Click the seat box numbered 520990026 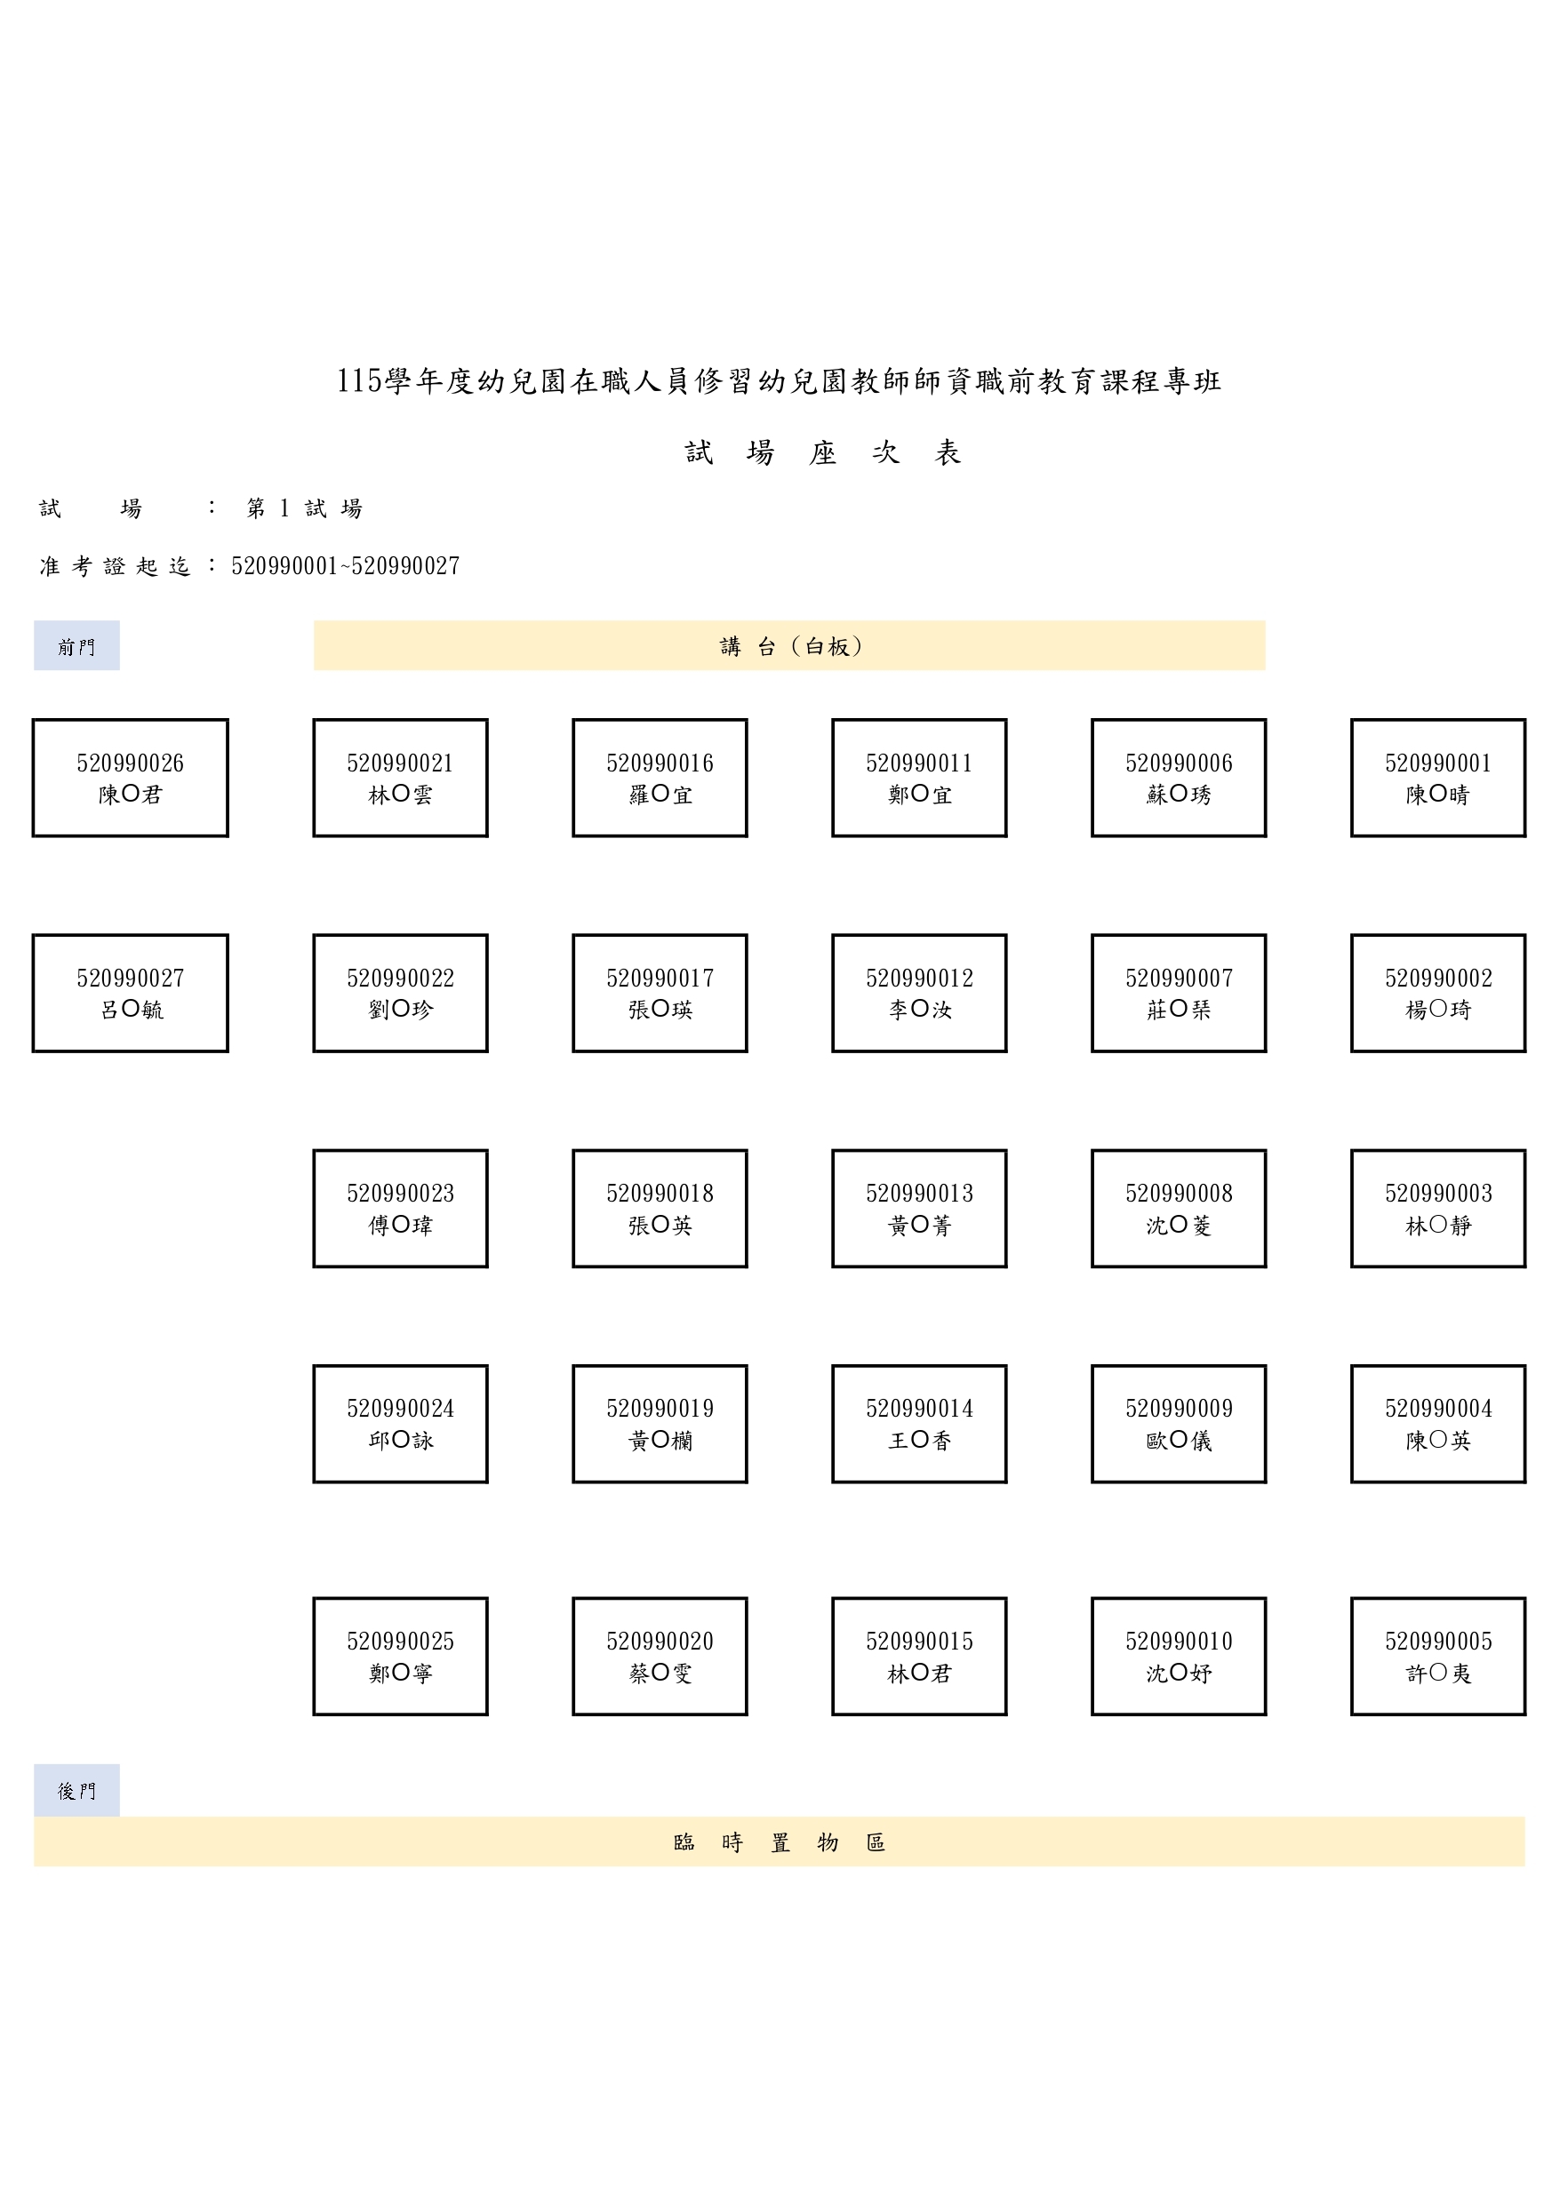pos(131,778)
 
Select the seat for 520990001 pos(1438,778)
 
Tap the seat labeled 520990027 pos(131,993)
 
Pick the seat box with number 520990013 pos(919,1208)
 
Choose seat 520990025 pos(401,1657)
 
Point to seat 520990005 pos(1438,1657)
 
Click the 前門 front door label pos(76,645)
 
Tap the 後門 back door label pos(76,1790)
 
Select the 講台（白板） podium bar pos(789,645)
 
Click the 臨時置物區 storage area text pos(779,1842)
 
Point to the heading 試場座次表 pos(823,452)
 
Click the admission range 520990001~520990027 pos(346,565)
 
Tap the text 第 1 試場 pos(305,508)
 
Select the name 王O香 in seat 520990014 pos(919,1441)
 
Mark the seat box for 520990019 pos(660,1424)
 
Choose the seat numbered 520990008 pos(1179,1208)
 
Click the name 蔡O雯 pos(660,1673)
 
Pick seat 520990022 pos(401,993)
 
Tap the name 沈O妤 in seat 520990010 pos(1179,1673)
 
